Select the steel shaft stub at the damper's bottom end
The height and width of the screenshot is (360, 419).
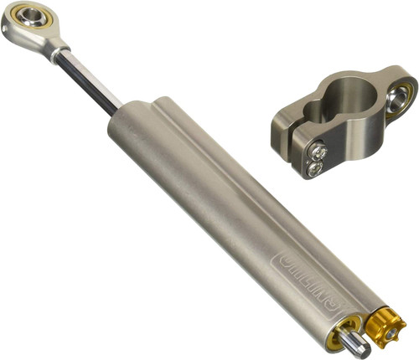pyautogui.click(x=356, y=343)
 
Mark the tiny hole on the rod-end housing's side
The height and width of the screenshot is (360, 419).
pyautogui.click(x=8, y=31)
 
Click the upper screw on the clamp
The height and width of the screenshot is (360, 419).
pyautogui.click(x=319, y=152)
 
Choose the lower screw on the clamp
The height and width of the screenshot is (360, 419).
pyautogui.click(x=314, y=168)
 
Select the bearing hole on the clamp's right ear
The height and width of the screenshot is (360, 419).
pyautogui.click(x=401, y=97)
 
